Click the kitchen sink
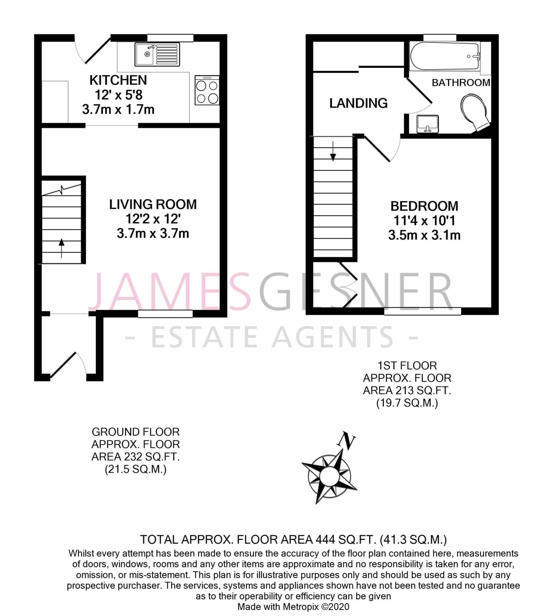157,54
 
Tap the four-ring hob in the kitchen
207,90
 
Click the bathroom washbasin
427,124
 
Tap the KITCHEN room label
118,81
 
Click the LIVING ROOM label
153,205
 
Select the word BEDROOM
424,206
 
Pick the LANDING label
358,103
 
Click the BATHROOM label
461,83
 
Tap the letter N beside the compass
346,441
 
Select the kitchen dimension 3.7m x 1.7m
118,109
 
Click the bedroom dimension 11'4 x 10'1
424,221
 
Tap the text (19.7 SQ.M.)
407,403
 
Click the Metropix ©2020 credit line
293,607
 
